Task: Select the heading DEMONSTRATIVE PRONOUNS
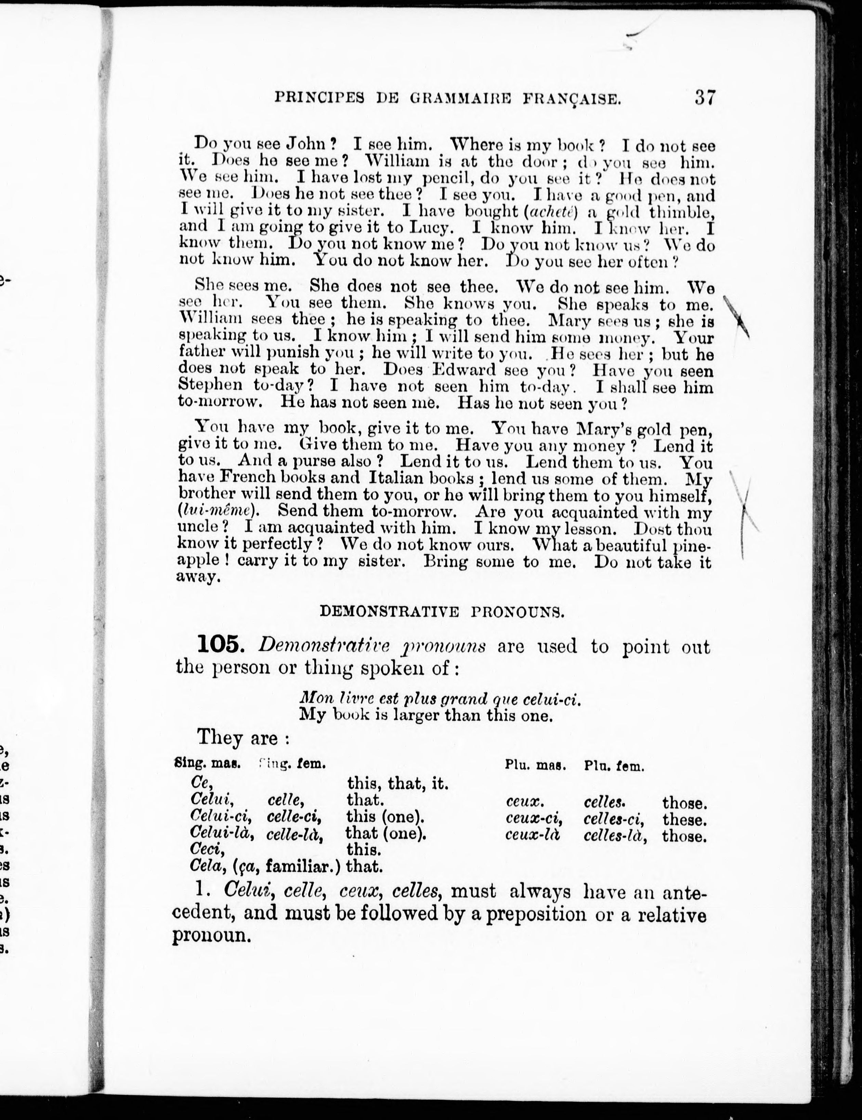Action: (442, 611)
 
